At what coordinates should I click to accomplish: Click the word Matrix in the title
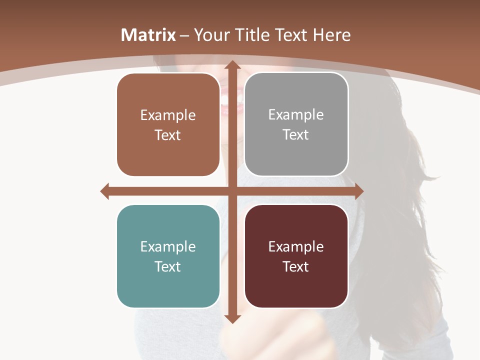point(148,35)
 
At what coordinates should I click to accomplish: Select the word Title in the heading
point(252,35)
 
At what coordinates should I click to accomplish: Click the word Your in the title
point(211,35)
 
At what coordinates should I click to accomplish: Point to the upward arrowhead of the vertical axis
point(231,65)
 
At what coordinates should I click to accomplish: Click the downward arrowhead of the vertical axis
point(231,318)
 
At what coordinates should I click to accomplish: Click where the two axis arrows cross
point(231,191)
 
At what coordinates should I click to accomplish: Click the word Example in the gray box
point(296,115)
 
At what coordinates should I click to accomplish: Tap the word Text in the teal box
point(167,266)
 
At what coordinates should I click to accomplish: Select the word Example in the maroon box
point(296,246)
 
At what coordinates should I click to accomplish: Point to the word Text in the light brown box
point(167,135)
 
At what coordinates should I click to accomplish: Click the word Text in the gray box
point(296,134)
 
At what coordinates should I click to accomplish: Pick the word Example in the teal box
point(168,246)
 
